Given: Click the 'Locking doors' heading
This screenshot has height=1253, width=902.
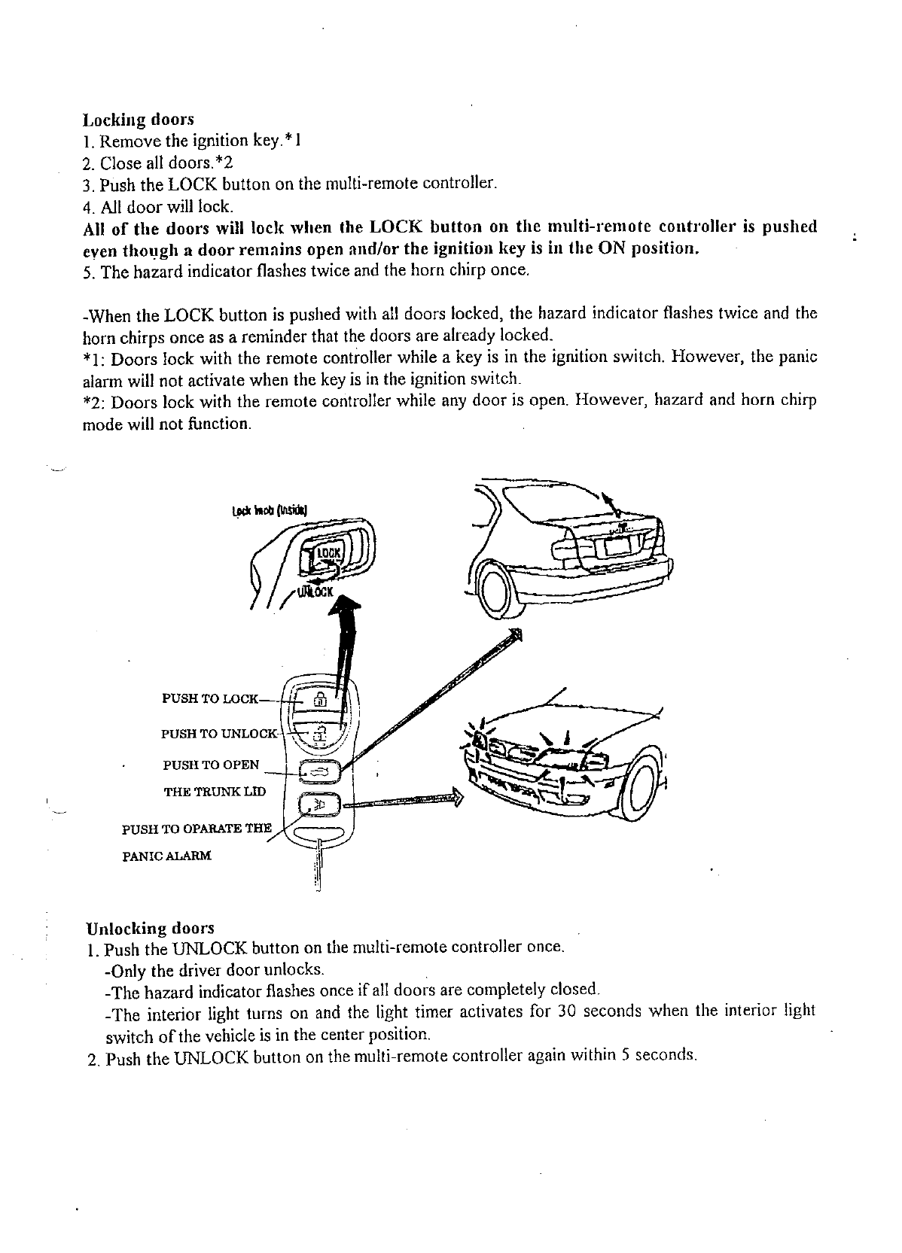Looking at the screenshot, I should click(x=138, y=120).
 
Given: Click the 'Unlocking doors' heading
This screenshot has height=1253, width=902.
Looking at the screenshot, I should click(x=151, y=928).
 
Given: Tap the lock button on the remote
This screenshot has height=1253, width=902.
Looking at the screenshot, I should click(x=320, y=698).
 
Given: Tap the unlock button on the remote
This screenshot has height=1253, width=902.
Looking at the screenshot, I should click(x=320, y=732).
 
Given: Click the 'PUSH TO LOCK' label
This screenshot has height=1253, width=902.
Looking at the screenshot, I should click(x=210, y=698).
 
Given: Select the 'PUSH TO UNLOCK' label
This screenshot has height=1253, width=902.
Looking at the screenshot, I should click(x=219, y=733).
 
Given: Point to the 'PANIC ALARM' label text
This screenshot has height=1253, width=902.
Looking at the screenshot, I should click(x=166, y=856).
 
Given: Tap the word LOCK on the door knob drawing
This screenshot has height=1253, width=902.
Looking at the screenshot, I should click(x=328, y=553).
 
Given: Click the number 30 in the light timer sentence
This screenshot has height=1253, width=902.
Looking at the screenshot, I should click(x=566, y=1010).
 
